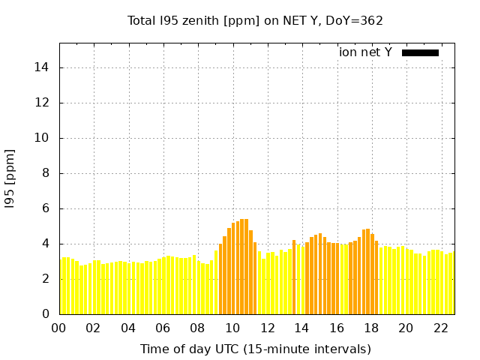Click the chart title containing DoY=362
[255, 20]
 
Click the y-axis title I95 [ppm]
[10, 178]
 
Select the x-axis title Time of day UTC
[255, 349]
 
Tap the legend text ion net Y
[365, 52]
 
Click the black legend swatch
[420, 52]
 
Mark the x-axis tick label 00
[59, 328]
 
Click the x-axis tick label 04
[128, 328]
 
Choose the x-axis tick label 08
[198, 328]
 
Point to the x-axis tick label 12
[267, 328]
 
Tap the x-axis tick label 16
[337, 328]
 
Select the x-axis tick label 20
[406, 328]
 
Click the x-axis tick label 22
[440, 328]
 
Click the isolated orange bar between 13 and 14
[294, 277]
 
